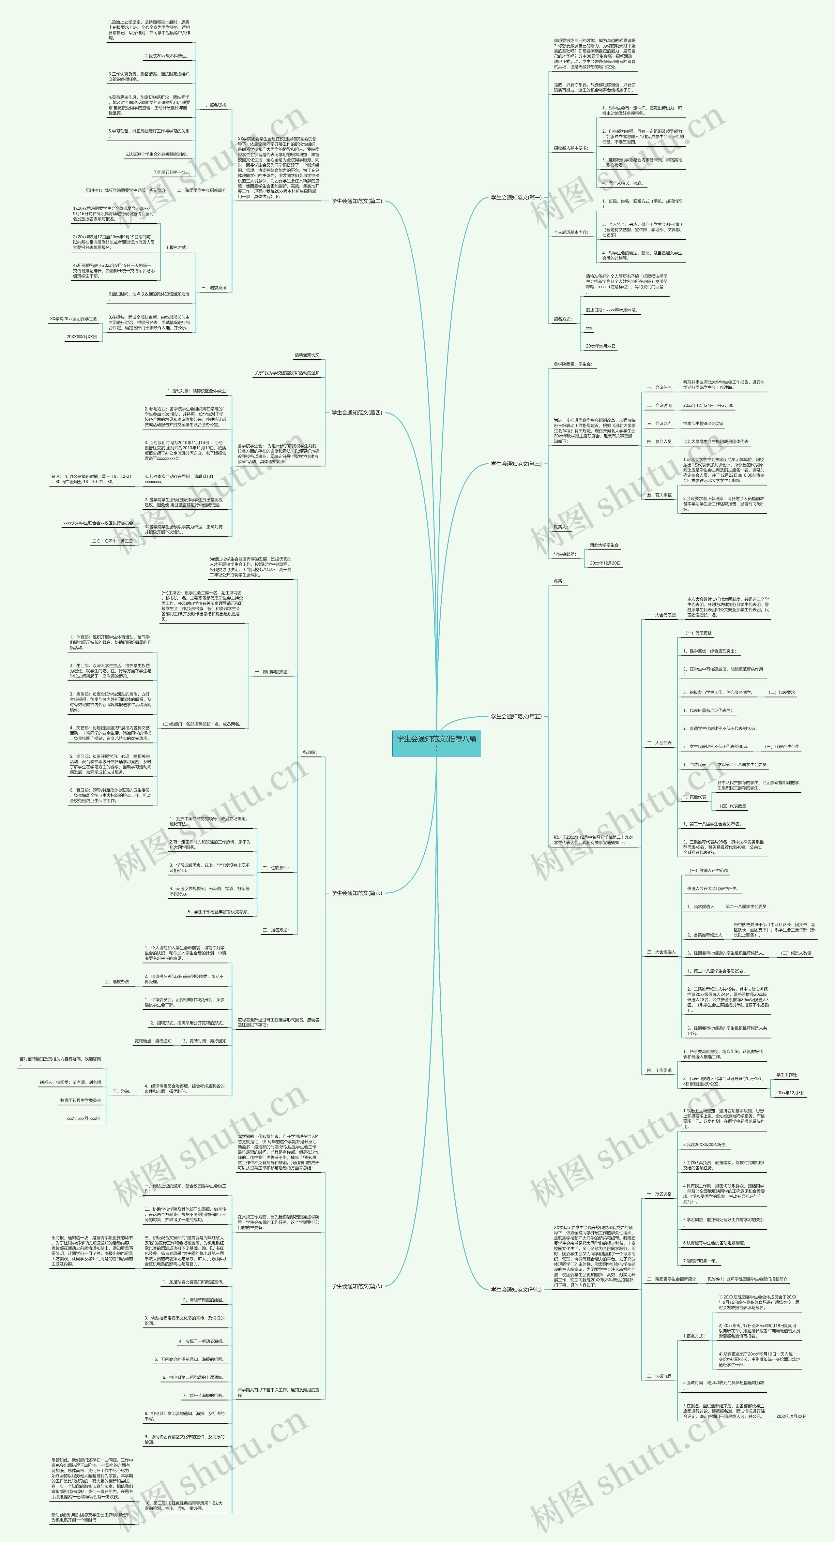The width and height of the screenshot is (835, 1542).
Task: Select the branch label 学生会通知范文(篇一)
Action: [x=516, y=198]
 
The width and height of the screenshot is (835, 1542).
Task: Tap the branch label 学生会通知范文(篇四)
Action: [x=357, y=412]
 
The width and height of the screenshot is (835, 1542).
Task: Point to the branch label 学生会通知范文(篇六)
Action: [x=357, y=892]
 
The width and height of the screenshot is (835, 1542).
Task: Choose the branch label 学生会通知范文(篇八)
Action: [x=357, y=1286]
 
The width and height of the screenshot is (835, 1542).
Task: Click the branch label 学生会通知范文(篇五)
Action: [x=516, y=716]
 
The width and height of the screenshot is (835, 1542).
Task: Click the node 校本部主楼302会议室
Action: [x=703, y=423]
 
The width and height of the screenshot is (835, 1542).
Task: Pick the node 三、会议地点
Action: [x=659, y=423]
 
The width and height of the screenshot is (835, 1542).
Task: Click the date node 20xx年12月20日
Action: [x=605, y=563]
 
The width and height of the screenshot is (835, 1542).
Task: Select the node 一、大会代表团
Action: [x=661, y=615]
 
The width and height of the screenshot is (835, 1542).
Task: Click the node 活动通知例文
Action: [x=307, y=355]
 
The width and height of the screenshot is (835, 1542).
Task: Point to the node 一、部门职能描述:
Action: [x=271, y=672]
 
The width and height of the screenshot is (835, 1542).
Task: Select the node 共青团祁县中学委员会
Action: [x=80, y=1100]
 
